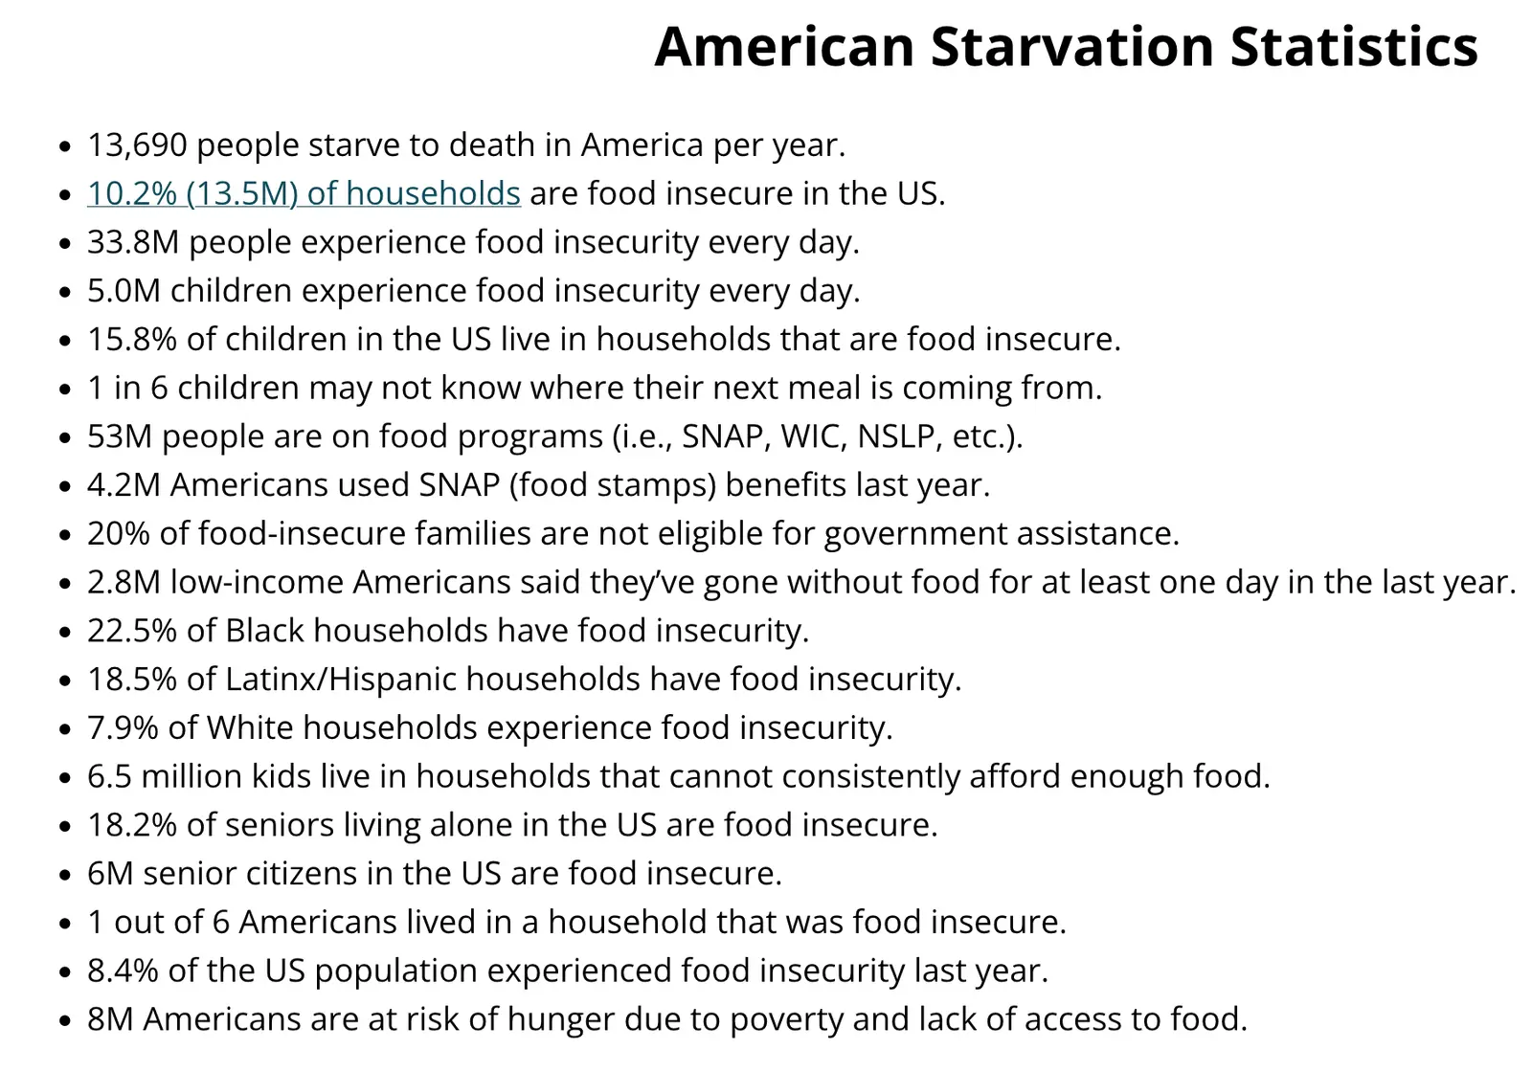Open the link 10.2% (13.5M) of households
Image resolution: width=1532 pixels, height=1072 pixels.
[304, 194]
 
